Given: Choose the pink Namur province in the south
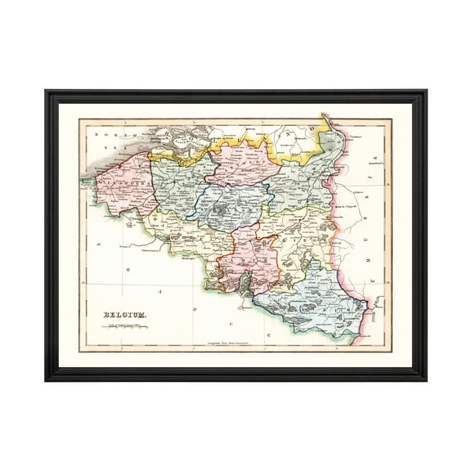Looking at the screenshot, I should click(249, 258).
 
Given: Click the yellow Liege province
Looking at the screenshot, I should click(307, 237).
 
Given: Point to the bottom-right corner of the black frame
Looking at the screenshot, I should click(424, 379).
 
